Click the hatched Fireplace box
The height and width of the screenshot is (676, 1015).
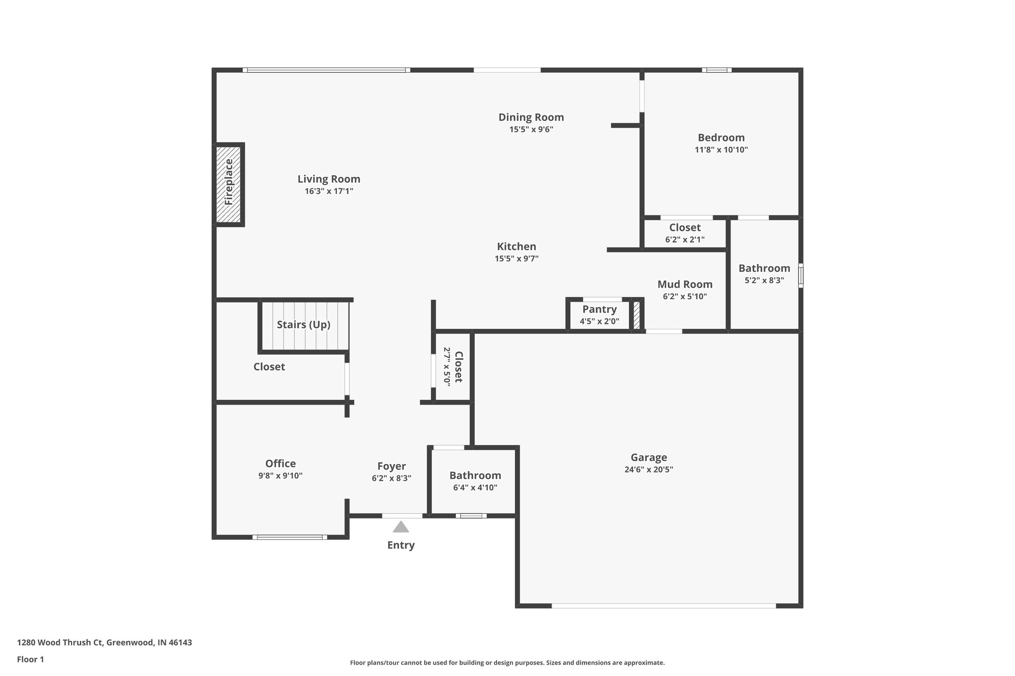click(x=228, y=184)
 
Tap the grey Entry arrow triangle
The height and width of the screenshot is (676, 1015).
click(x=400, y=527)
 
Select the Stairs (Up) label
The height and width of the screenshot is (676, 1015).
click(x=303, y=324)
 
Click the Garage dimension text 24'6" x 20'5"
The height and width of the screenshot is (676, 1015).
click(x=648, y=469)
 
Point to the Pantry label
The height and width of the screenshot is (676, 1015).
click(x=599, y=309)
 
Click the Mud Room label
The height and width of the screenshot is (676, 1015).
click(x=684, y=284)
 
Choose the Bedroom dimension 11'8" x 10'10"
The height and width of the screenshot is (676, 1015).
click(x=721, y=150)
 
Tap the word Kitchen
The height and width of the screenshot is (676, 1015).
click(x=516, y=246)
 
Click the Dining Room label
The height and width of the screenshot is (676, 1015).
click(x=531, y=117)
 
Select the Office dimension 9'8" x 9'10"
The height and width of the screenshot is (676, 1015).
click(x=280, y=475)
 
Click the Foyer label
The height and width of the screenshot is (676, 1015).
click(x=391, y=466)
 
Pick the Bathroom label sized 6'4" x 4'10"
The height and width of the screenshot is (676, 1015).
click(x=475, y=475)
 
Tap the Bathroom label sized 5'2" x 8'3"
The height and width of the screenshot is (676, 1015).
click(x=764, y=268)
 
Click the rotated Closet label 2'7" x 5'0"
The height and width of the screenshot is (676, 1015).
click(x=458, y=366)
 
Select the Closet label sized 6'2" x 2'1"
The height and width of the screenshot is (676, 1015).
click(x=684, y=227)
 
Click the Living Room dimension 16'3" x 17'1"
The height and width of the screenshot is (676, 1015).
click(x=329, y=191)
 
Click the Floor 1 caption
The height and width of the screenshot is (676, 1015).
click(x=31, y=659)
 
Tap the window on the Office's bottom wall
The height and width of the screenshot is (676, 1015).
click(x=289, y=537)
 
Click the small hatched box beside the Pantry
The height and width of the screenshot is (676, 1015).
click(x=637, y=315)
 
